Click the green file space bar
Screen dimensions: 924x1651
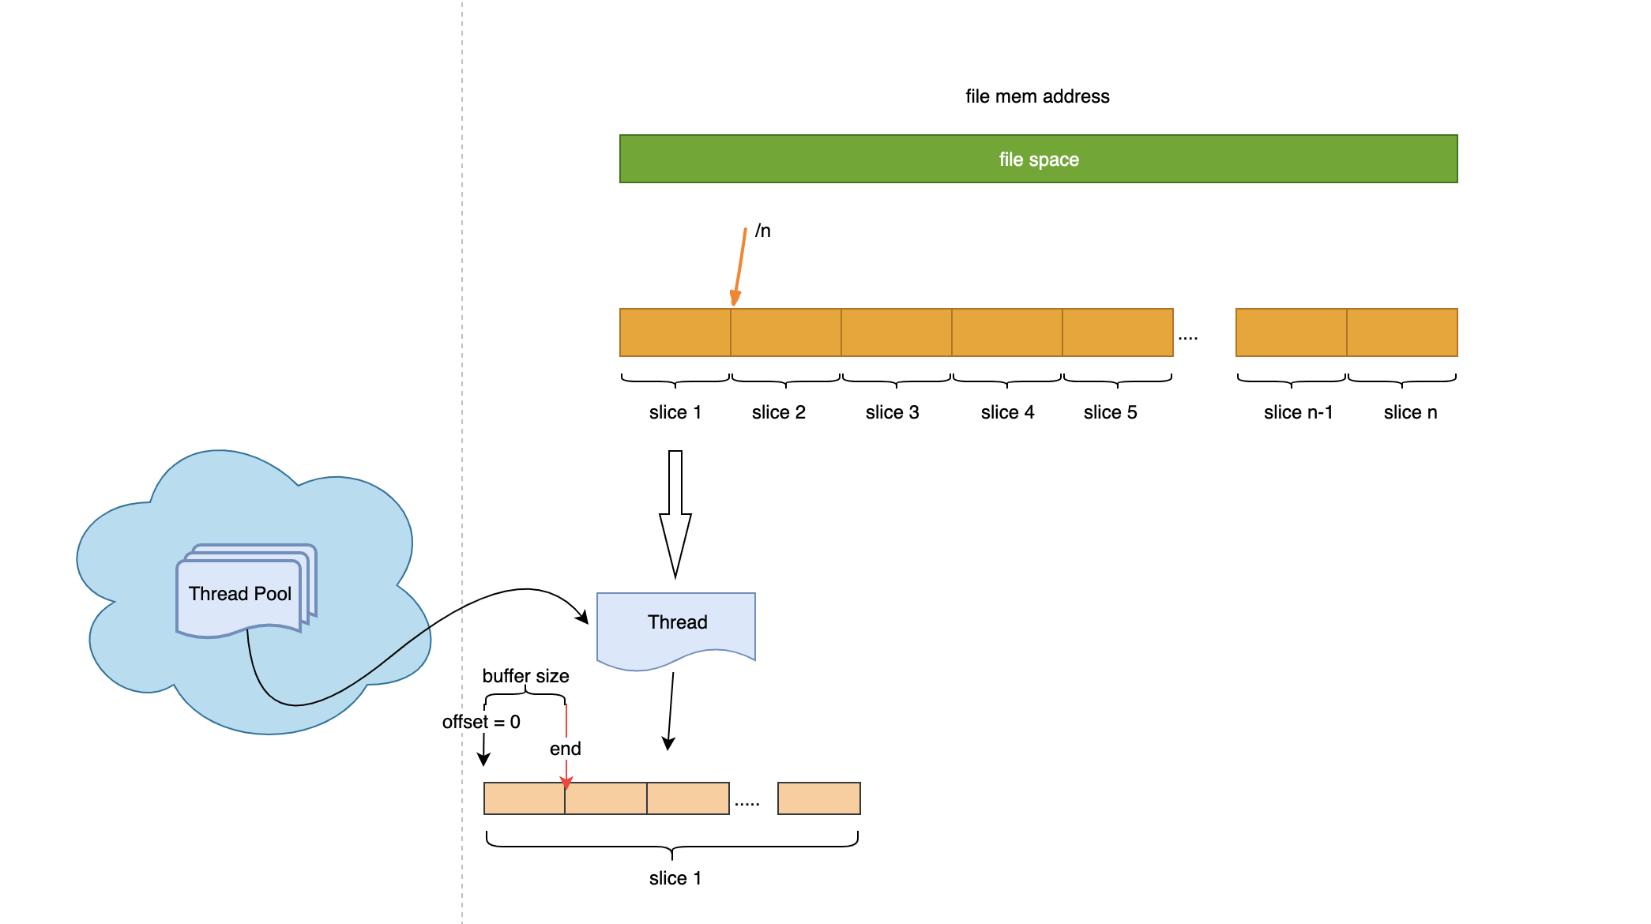(1038, 159)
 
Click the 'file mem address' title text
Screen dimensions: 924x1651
(1037, 96)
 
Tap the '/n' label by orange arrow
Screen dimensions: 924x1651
(762, 231)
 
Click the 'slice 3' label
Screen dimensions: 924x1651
(892, 412)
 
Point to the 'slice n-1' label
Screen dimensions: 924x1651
(1298, 412)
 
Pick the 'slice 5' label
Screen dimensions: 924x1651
(1110, 412)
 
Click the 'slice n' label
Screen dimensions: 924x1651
(1410, 412)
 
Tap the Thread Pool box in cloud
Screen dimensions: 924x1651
(240, 594)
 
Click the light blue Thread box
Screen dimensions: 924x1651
(676, 624)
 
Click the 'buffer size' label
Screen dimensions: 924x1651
(525, 676)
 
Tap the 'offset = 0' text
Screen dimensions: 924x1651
(481, 722)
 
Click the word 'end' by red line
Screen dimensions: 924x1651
(565, 749)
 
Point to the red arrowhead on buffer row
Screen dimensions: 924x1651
(566, 783)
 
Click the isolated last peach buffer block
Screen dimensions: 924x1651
(818, 798)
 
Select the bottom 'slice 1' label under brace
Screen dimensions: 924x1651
(675, 878)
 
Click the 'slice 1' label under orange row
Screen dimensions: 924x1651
(675, 412)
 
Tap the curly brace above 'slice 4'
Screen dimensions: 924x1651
(1007, 381)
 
